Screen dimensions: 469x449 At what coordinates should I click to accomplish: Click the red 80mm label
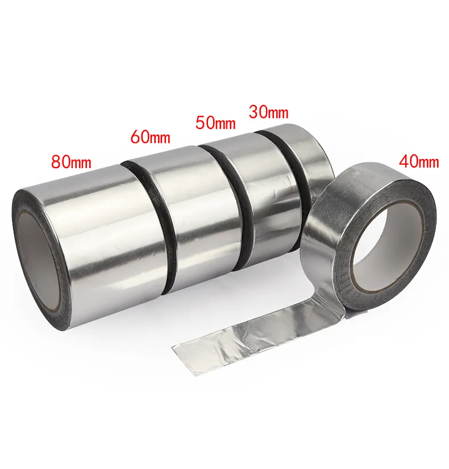point(71,161)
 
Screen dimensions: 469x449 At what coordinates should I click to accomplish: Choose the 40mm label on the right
point(419,161)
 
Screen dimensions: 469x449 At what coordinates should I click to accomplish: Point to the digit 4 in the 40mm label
point(404,161)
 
